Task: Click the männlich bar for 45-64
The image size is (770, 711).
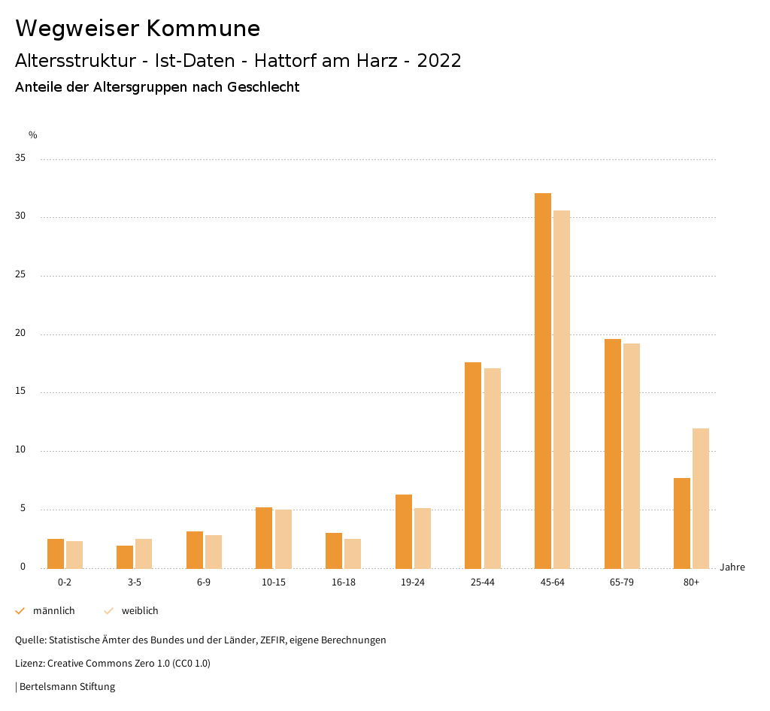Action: point(543,380)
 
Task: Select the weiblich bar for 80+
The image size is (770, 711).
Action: point(701,498)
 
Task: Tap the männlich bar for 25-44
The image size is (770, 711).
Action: point(473,465)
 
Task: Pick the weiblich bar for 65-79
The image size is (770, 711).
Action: point(632,455)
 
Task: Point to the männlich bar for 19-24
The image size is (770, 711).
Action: point(404,531)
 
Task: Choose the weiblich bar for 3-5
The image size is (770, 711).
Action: point(144,553)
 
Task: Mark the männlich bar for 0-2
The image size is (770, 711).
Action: point(56,553)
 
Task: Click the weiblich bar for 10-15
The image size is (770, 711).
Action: point(283,539)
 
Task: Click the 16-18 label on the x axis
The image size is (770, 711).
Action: point(343,582)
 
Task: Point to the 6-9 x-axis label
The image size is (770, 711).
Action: point(204,582)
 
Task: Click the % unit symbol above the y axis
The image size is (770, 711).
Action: point(33,135)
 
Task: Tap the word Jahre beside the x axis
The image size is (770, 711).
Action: point(732,567)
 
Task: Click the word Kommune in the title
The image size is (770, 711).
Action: point(203,29)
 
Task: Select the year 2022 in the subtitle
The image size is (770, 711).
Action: point(438,61)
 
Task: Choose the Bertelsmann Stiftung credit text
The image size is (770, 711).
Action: point(67,687)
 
